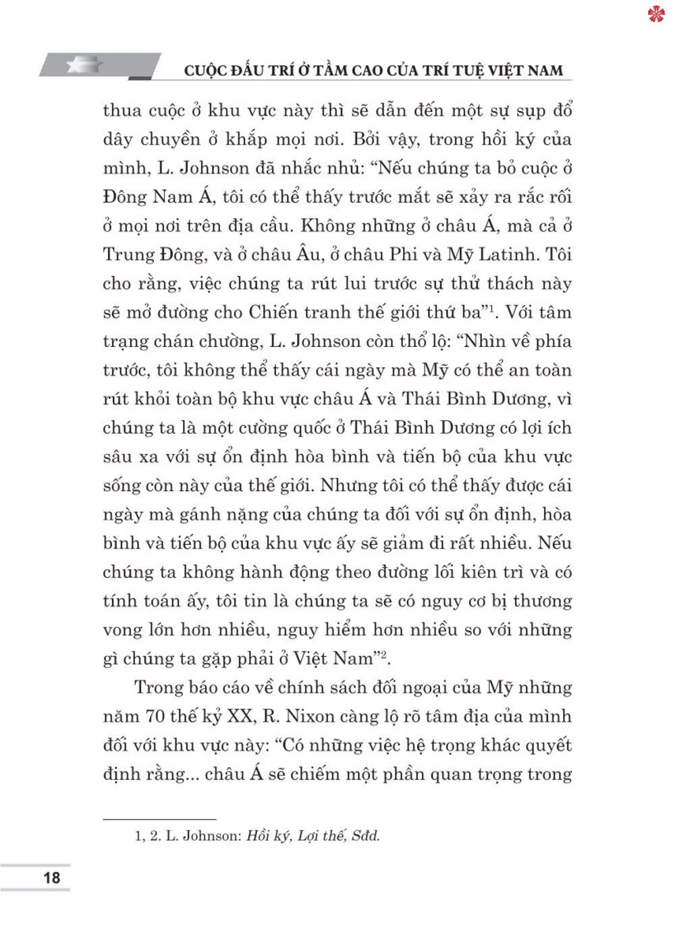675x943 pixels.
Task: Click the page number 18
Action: click(51, 878)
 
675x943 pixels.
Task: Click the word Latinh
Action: click(508, 254)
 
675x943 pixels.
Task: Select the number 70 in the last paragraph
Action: click(155, 716)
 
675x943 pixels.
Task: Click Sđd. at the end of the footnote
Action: click(366, 836)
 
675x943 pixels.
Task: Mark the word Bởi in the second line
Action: click(368, 139)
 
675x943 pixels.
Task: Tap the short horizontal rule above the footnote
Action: click(159, 819)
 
